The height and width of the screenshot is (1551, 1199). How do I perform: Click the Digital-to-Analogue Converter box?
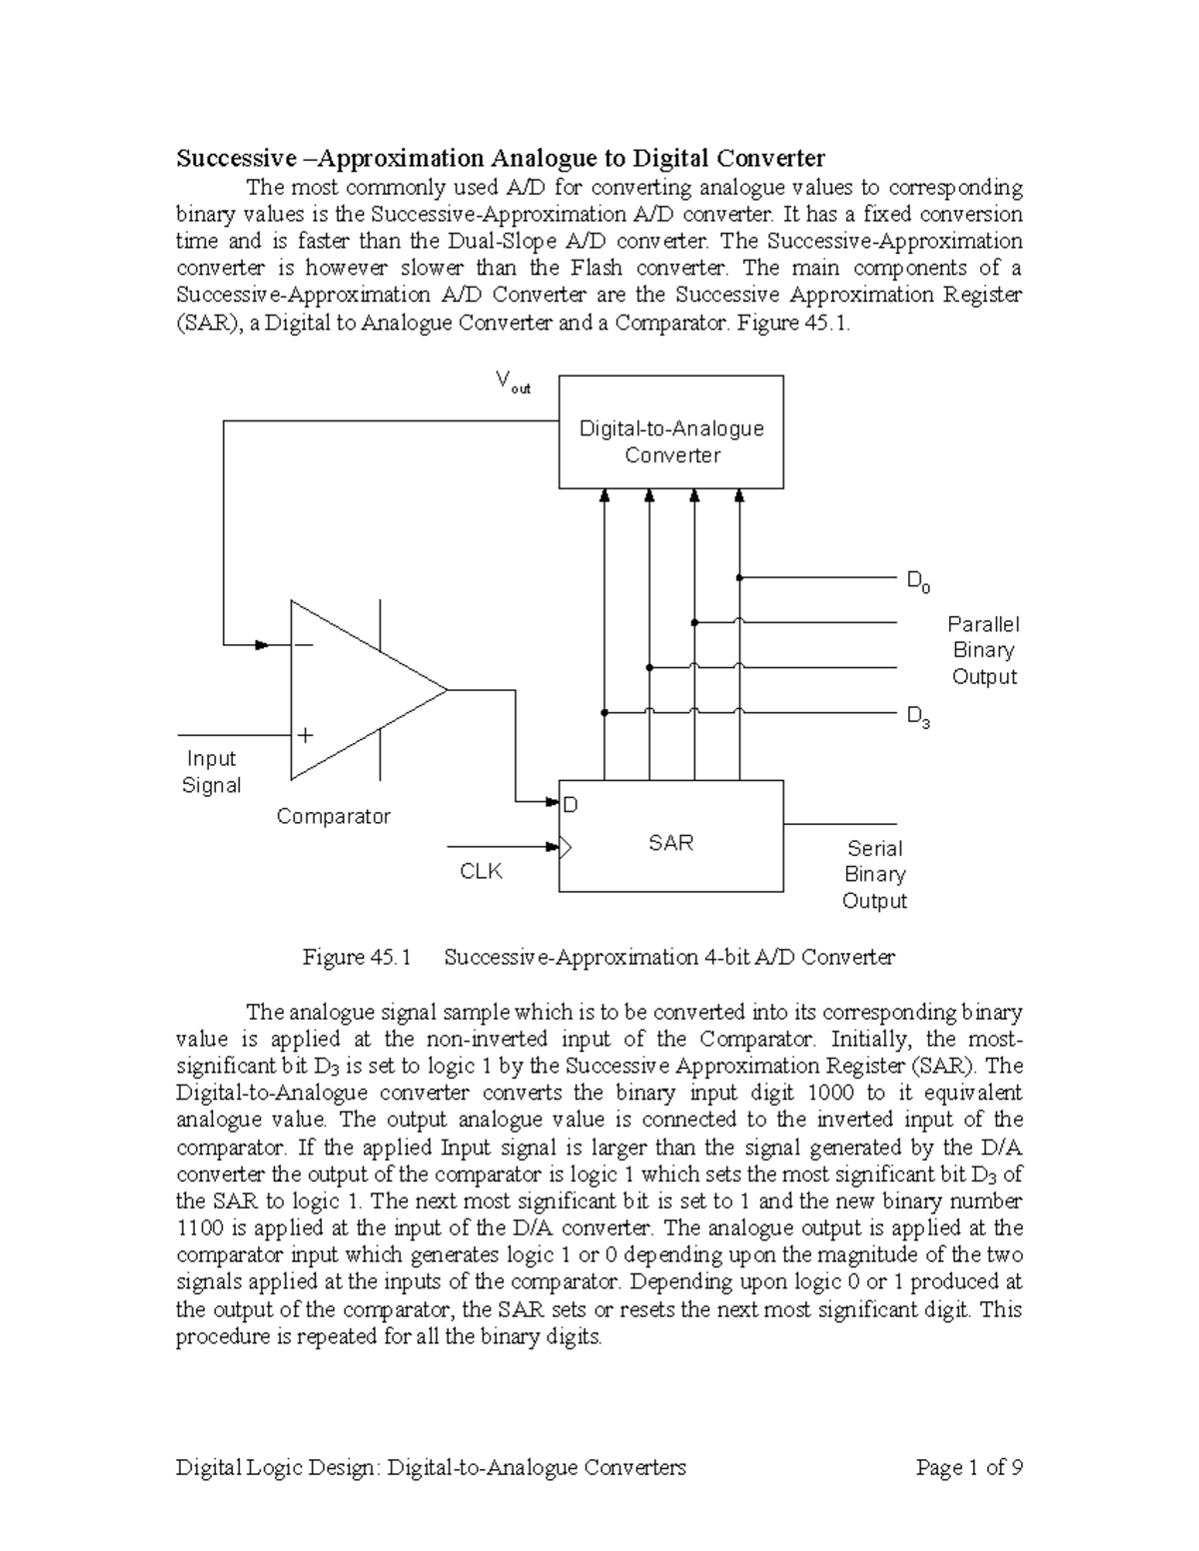[x=670, y=431]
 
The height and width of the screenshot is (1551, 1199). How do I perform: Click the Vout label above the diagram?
[x=513, y=382]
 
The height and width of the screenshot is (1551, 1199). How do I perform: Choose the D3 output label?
[x=917, y=717]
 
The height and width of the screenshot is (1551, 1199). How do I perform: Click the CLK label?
[x=481, y=872]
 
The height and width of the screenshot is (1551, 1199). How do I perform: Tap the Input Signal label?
[x=211, y=772]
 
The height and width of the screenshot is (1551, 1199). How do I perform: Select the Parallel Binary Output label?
[x=983, y=650]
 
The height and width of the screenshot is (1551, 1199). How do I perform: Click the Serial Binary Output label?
[x=874, y=875]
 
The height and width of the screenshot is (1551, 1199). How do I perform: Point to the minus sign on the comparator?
[x=303, y=645]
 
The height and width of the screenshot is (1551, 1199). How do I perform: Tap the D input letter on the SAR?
[x=571, y=805]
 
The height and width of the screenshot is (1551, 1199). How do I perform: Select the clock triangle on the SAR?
[x=566, y=848]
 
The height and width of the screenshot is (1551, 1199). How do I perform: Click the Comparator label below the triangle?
[x=333, y=817]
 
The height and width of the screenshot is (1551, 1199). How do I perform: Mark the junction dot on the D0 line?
[x=739, y=577]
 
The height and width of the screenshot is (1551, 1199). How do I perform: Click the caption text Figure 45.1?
[x=357, y=958]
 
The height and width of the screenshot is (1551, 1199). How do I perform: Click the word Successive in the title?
[x=236, y=158]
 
